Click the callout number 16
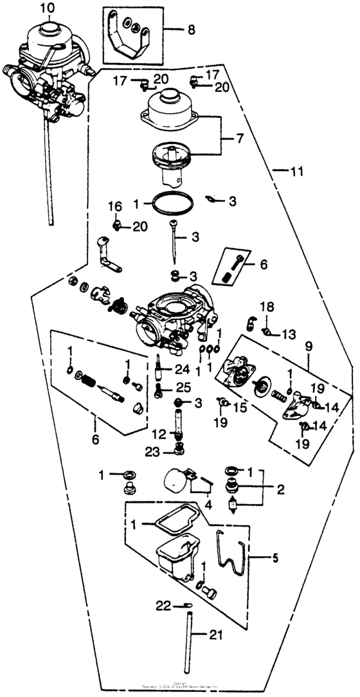pyautogui.click(x=114, y=206)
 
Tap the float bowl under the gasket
pyautogui.click(x=179, y=554)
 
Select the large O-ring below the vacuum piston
pyautogui.click(x=171, y=203)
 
